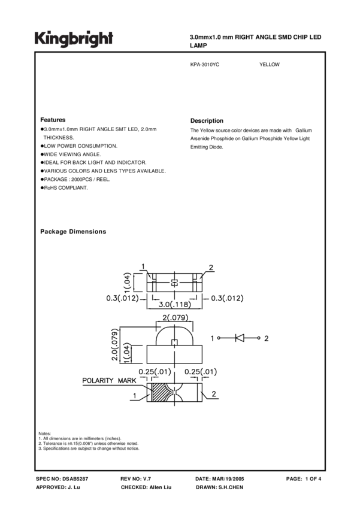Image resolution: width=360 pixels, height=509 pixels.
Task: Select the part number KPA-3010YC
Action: [x=205, y=64]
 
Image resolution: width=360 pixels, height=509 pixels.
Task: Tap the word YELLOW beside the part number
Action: [x=270, y=64]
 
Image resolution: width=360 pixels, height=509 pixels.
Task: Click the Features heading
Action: [x=53, y=120]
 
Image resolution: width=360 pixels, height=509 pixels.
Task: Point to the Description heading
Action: [x=207, y=120]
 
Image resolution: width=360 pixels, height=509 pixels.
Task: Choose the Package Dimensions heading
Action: [x=73, y=232]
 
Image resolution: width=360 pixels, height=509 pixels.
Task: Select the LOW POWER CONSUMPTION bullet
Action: [x=80, y=146]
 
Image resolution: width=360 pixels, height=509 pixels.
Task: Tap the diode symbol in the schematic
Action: [x=239, y=338]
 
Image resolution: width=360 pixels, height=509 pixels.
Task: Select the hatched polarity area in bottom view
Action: [x=161, y=392]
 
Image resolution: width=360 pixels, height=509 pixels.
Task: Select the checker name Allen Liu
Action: [x=160, y=487]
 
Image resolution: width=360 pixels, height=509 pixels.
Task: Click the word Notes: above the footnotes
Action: [x=44, y=433]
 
